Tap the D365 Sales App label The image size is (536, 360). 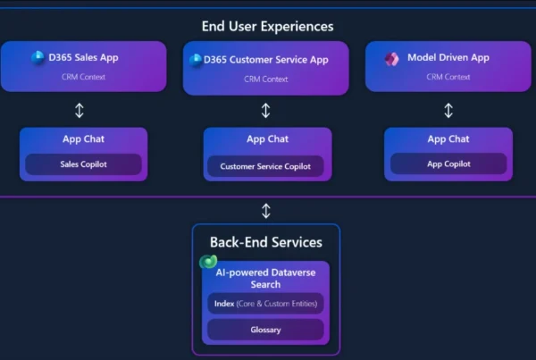[86, 58]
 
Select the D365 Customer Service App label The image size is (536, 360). [265, 60]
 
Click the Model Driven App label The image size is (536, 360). [448, 58]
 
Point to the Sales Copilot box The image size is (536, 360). [83, 164]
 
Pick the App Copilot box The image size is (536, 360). [448, 164]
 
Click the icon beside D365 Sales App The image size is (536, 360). [38, 58]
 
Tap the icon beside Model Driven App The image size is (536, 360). [391, 59]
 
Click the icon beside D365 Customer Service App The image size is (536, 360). [196, 60]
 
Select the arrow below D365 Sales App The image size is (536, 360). [80, 111]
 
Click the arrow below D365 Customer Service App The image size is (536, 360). [265, 111]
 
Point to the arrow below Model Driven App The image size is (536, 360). [448, 111]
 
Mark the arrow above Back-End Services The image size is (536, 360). [265, 211]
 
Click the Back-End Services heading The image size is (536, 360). [265, 242]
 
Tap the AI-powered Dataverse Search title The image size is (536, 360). [265, 278]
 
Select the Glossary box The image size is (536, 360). [265, 330]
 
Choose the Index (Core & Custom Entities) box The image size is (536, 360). [265, 304]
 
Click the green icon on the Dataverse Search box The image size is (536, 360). [209, 263]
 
